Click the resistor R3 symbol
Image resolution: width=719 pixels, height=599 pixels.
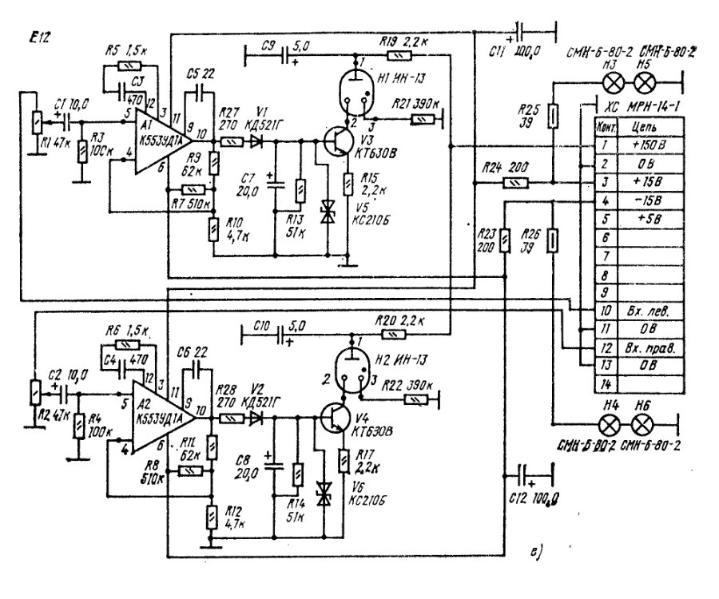[81, 151]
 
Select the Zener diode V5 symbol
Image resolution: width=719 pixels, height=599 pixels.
[327, 211]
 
